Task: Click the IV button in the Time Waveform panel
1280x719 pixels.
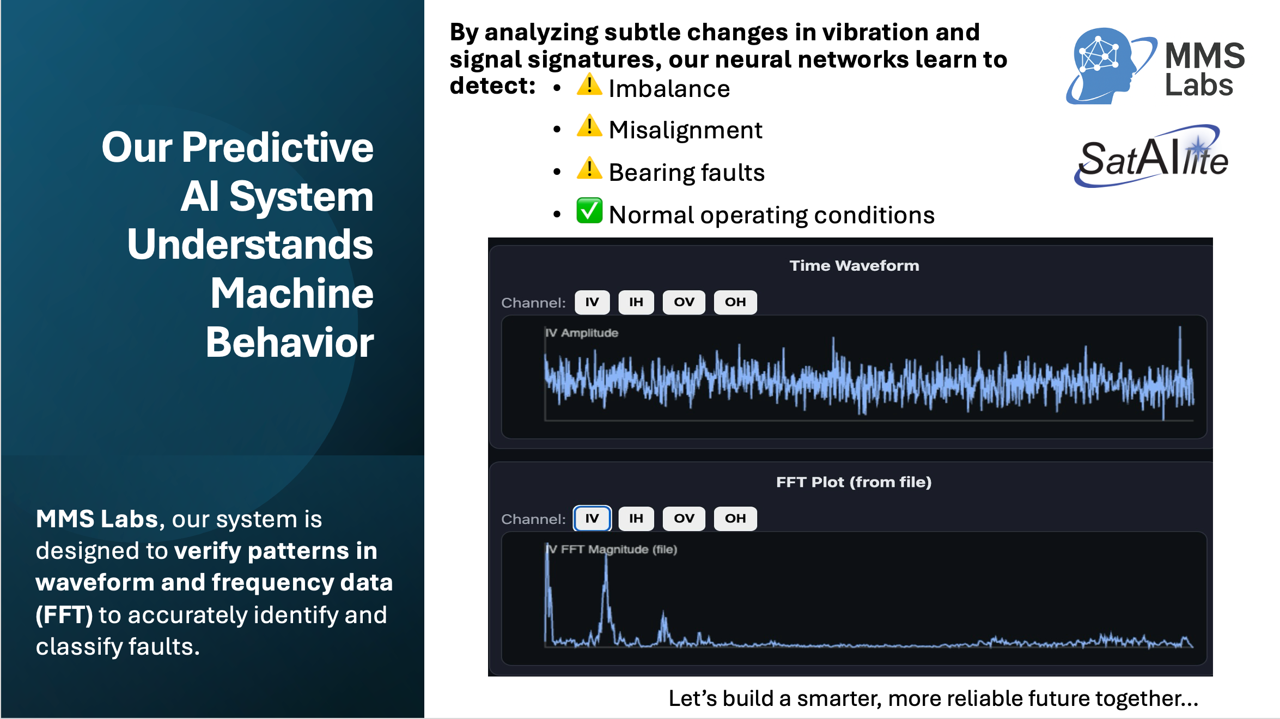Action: (x=592, y=302)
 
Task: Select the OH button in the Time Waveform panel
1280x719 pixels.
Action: (x=735, y=302)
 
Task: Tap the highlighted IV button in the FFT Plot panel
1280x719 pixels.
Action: (x=592, y=519)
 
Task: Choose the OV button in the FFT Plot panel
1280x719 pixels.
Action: (x=684, y=519)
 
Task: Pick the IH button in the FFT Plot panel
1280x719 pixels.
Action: (x=636, y=519)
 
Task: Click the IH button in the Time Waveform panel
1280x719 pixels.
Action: (x=636, y=302)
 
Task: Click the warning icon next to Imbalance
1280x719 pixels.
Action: (x=589, y=85)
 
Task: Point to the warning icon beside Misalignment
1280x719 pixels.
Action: (x=589, y=126)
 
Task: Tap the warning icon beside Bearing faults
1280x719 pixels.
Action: (x=589, y=168)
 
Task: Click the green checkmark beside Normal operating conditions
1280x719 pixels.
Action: (x=589, y=211)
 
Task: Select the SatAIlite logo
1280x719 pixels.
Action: (x=1152, y=156)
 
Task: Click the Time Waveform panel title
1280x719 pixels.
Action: (x=854, y=266)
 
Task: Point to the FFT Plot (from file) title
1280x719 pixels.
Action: (x=854, y=482)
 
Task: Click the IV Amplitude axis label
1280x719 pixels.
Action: (x=582, y=333)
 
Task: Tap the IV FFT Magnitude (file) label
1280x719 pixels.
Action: (x=612, y=550)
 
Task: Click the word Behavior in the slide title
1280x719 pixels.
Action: (x=290, y=343)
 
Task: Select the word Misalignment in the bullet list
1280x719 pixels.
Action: (x=686, y=130)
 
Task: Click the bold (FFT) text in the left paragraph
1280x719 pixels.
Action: (x=64, y=615)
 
